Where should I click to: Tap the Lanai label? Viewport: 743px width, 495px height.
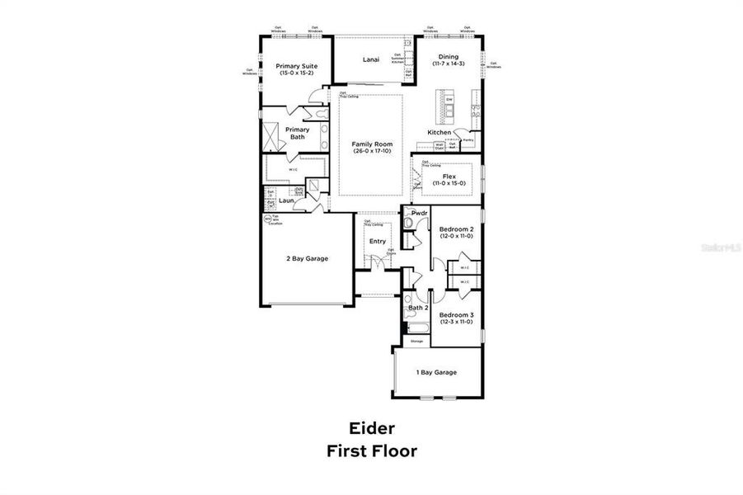click(x=371, y=59)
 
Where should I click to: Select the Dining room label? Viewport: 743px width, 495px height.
click(x=449, y=57)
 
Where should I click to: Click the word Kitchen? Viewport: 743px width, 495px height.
click(x=439, y=132)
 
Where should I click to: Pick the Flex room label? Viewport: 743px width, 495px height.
click(x=449, y=176)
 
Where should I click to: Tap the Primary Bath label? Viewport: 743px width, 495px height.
click(x=297, y=133)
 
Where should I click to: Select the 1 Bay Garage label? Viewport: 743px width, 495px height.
click(x=435, y=372)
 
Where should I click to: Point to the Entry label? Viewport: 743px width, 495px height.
click(x=377, y=241)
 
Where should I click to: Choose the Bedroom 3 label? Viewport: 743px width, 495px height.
click(x=455, y=315)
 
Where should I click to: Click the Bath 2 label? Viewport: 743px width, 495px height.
click(x=419, y=308)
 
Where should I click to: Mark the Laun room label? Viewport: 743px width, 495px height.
click(x=286, y=200)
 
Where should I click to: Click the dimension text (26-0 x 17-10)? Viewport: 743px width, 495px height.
click(x=372, y=151)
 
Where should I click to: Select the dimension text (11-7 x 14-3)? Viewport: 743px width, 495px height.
click(x=449, y=64)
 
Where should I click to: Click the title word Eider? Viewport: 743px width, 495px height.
click(x=372, y=428)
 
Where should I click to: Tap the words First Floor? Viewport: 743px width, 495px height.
click(x=372, y=451)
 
